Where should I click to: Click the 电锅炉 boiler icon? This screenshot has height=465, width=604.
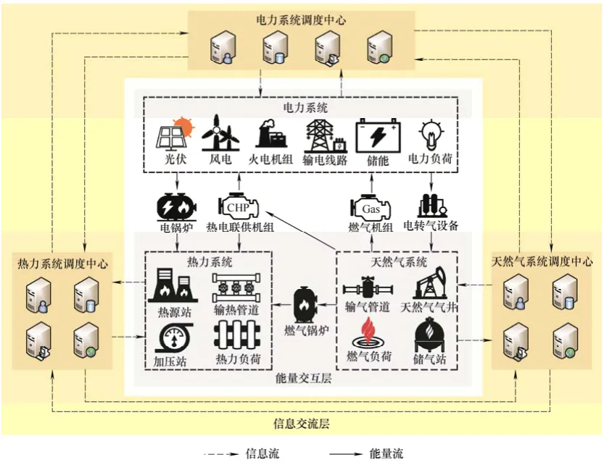(174, 206)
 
